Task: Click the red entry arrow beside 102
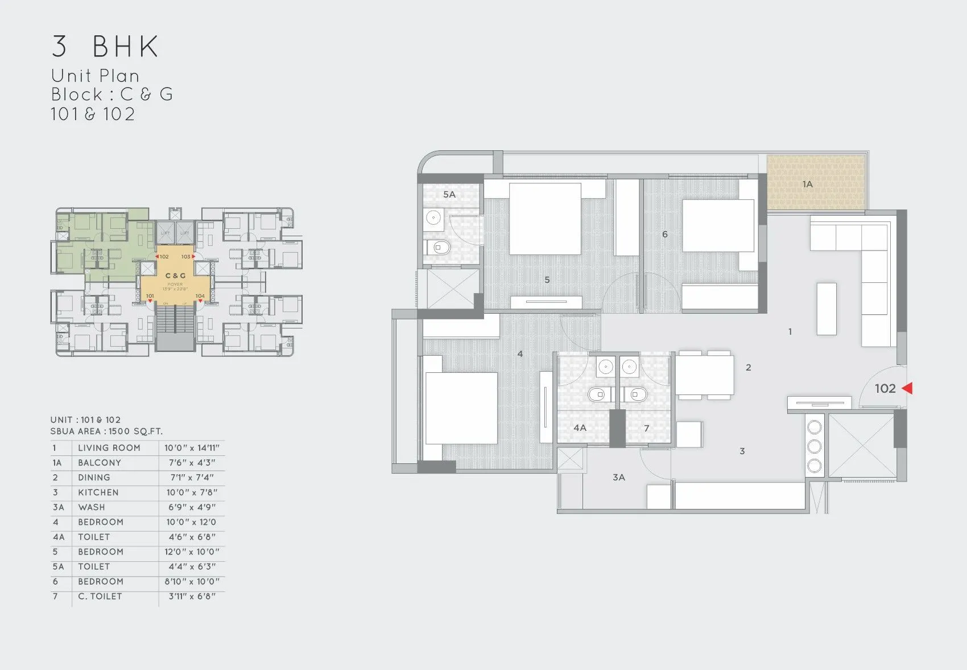[x=908, y=388]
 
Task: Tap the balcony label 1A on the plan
[x=807, y=184]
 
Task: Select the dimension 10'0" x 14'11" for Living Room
[x=192, y=448]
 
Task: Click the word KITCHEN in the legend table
[x=98, y=492]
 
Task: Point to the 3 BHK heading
[x=105, y=47]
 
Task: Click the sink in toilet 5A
[x=434, y=217]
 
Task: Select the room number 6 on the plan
[x=664, y=234]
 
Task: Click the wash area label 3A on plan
[x=619, y=477]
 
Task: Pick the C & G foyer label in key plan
[x=175, y=276]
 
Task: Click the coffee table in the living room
[x=827, y=309]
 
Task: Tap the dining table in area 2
[x=704, y=375]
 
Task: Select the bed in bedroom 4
[x=461, y=408]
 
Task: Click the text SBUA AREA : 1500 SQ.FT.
[x=106, y=431]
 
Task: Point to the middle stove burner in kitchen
[x=815, y=446]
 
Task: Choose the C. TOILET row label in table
[x=100, y=596]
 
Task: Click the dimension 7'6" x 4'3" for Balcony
[x=192, y=463]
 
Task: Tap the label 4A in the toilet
[x=580, y=428]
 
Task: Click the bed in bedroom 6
[x=718, y=225]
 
